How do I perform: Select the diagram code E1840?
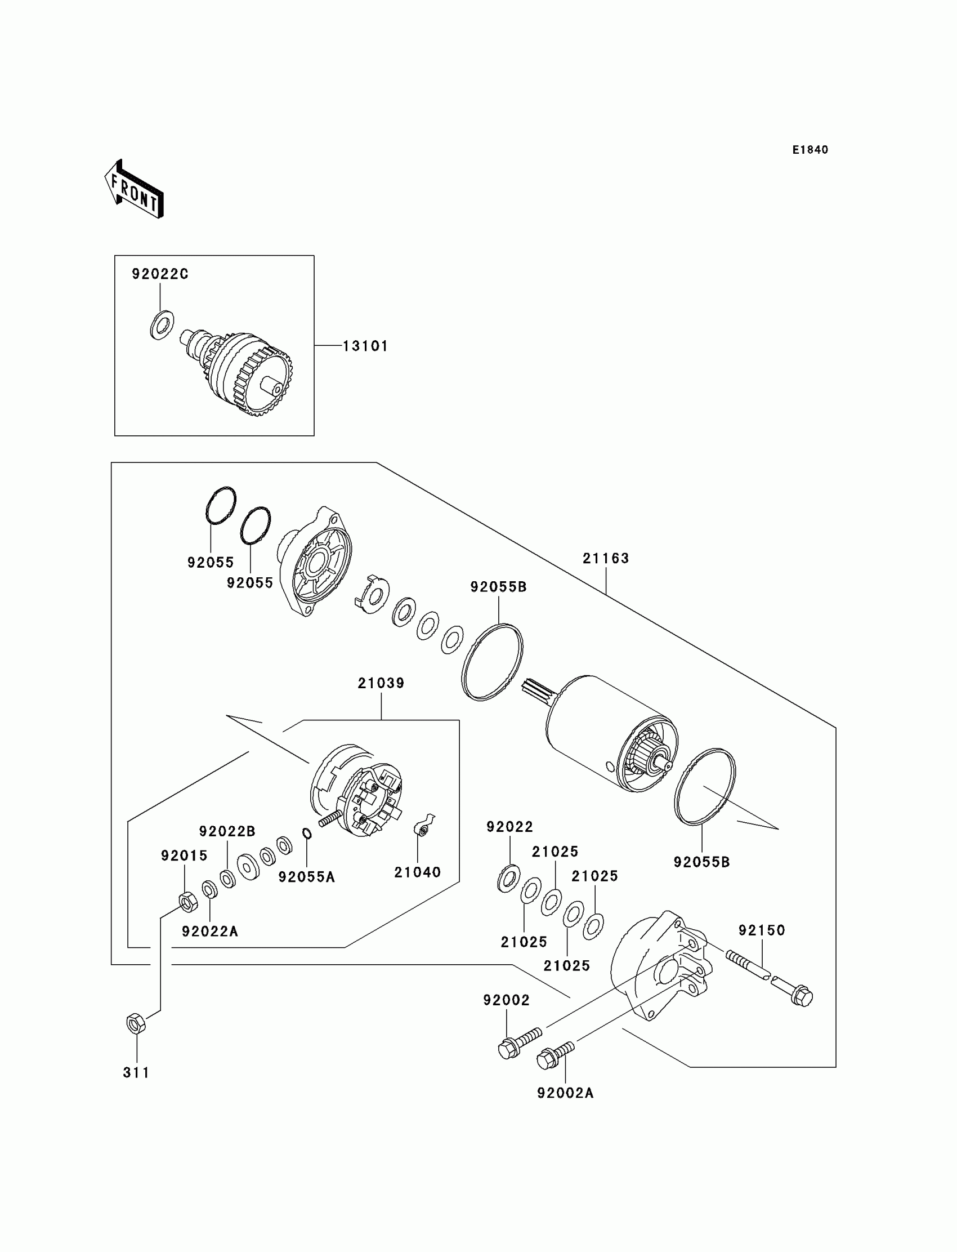click(810, 150)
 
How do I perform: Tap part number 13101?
click(365, 346)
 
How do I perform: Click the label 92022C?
click(160, 274)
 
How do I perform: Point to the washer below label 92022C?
click(162, 326)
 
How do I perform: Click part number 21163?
click(606, 559)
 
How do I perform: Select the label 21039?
click(381, 683)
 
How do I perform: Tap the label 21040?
click(418, 872)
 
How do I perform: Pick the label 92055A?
click(306, 877)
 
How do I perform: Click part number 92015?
click(184, 856)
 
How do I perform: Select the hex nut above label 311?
click(136, 1023)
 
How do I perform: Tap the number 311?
click(136, 1072)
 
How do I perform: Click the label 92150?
click(762, 930)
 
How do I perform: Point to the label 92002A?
click(565, 1093)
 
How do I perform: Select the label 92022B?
click(227, 831)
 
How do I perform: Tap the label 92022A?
click(209, 931)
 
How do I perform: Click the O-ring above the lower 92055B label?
click(705, 786)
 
